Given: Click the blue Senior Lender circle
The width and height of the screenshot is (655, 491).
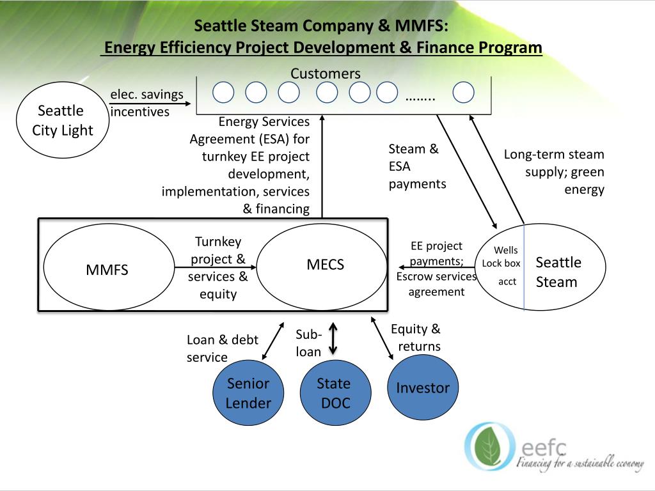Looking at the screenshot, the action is point(249,393).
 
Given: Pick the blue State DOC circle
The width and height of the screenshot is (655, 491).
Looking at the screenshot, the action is point(335,393).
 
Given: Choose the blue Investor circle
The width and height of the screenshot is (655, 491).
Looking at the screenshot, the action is point(423,387).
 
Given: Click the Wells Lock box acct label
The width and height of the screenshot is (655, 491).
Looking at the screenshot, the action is point(501,265).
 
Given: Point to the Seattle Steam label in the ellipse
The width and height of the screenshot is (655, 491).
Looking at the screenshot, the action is point(558,272).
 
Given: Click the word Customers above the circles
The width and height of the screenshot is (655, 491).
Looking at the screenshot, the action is point(326,74).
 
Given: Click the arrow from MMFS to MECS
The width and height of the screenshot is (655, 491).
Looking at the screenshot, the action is point(216,267).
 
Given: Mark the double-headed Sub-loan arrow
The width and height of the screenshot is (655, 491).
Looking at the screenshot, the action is point(333,339).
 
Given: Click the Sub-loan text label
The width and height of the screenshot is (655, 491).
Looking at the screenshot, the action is point(309,343).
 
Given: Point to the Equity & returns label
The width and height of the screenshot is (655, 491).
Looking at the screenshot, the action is point(416,338).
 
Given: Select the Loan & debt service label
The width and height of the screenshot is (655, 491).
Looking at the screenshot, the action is point(222,348).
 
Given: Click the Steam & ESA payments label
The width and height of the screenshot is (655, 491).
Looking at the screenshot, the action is point(417,166).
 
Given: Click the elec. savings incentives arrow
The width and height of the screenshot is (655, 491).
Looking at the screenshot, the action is point(150,104).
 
